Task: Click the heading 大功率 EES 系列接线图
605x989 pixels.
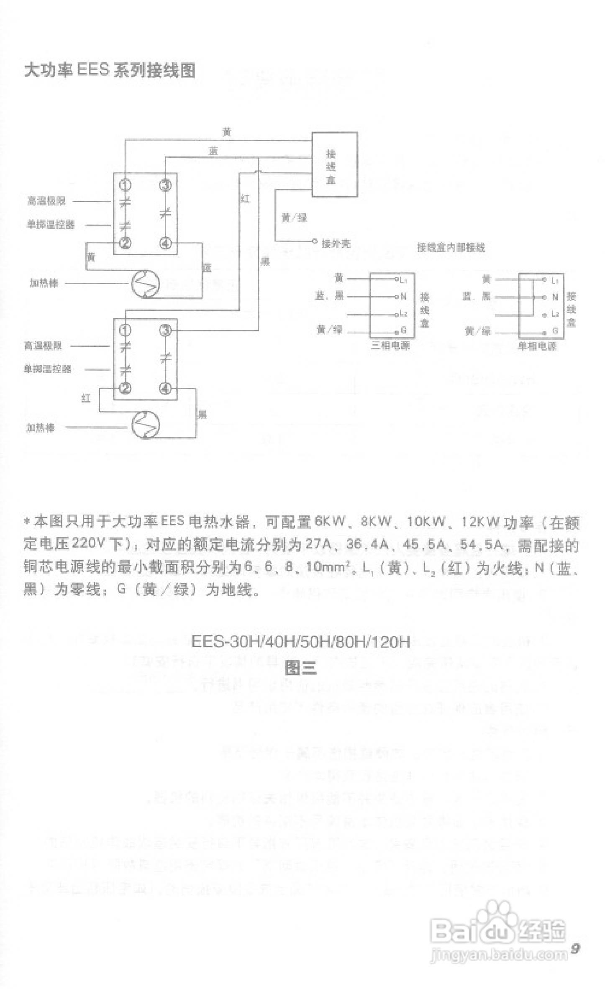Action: coord(110,70)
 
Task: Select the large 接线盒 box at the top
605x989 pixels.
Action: coord(334,164)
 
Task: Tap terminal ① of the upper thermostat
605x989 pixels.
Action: coord(125,184)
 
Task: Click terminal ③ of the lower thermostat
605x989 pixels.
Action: coord(166,331)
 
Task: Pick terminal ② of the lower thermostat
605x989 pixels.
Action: coord(125,388)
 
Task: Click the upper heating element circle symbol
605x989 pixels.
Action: coord(145,284)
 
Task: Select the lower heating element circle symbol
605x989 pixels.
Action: coord(145,425)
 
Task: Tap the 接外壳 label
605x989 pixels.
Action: coord(336,243)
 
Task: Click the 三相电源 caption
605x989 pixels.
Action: coord(390,346)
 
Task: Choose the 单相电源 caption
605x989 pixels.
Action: coord(537,347)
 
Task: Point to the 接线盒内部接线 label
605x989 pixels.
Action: coord(451,248)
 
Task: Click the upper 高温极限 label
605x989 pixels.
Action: coord(46,201)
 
